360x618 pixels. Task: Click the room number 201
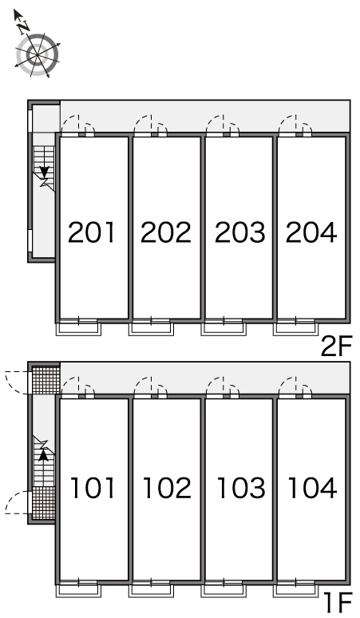pos(91,232)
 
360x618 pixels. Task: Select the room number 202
pos(166,232)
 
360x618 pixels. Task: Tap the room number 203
pos(240,232)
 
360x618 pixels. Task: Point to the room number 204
pos(311,232)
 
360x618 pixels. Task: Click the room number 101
pos(93,488)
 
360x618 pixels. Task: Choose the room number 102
pos(167,488)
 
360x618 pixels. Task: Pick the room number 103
pos(241,488)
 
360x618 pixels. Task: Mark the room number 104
pos(313,488)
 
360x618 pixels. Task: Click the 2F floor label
pos(336,346)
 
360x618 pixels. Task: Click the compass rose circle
pos(38,54)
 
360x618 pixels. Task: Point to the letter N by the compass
pos(24,27)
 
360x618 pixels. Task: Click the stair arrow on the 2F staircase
pos(44,172)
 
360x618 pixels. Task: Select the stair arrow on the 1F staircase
pos(44,455)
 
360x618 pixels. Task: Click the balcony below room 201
pos(79,329)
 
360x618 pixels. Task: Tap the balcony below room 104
pos(296,590)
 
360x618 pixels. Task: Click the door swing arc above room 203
pos(215,120)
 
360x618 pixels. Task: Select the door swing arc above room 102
pos(143,382)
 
